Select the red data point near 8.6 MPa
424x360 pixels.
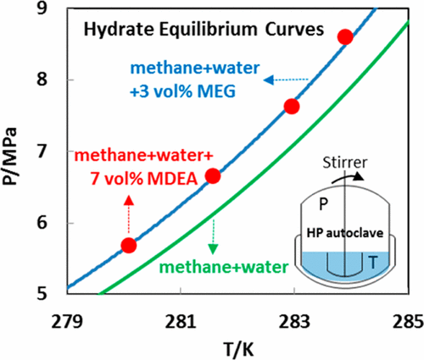[x=345, y=36]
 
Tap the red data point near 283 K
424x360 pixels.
[x=292, y=107]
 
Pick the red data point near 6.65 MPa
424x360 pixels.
[x=213, y=175]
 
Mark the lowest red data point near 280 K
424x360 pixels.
[x=129, y=245]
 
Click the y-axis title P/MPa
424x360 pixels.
[x=14, y=149]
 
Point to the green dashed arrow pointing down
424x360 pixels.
[x=215, y=233]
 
